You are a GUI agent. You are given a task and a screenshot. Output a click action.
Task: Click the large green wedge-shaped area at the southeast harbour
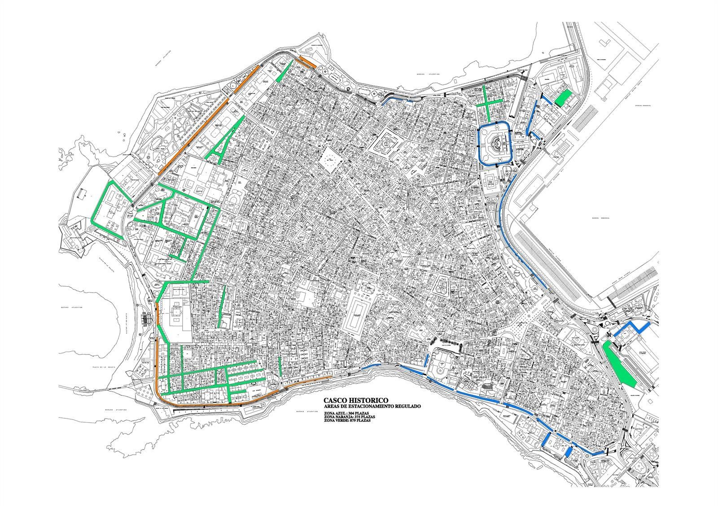[x=619, y=361]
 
